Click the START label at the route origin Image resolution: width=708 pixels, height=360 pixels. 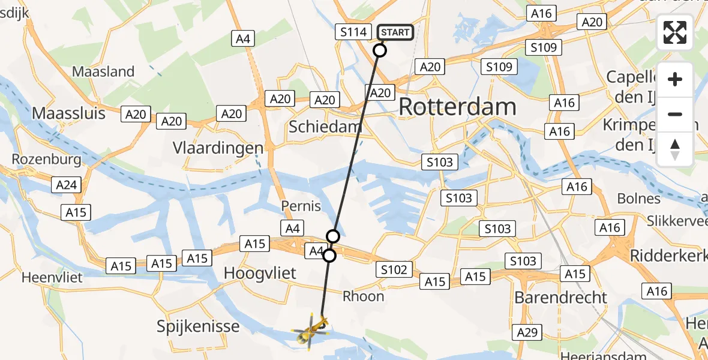pos(395,32)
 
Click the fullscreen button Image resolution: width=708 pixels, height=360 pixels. pos(675,32)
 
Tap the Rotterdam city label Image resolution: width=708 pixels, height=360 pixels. pos(457,107)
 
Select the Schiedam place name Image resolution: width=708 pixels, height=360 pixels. pos(325,127)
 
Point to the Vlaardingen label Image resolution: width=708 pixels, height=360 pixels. pos(218,148)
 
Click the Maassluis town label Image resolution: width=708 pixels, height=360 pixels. pos(68,113)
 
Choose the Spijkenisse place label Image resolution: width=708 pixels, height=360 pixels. pos(198,327)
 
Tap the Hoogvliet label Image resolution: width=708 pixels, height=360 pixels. pos(260,274)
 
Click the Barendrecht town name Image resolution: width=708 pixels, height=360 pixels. pos(561,298)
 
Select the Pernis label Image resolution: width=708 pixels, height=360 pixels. pos(301,206)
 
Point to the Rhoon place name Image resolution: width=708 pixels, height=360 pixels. pos(363,296)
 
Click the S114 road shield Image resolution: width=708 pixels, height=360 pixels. pos(353,32)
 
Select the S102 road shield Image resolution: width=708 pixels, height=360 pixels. pos(394,270)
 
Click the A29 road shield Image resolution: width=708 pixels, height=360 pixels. pos(527,332)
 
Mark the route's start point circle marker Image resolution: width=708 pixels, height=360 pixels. pos(380,50)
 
